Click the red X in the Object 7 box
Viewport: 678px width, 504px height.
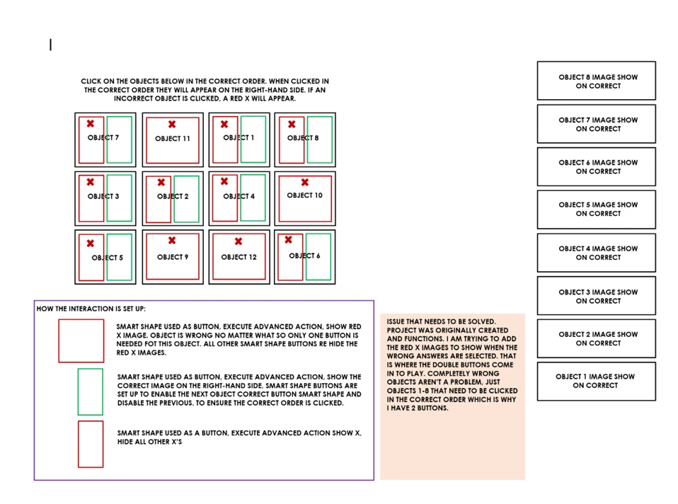click(90, 124)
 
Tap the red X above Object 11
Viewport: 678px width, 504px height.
click(171, 124)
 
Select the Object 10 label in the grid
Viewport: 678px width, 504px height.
click(304, 195)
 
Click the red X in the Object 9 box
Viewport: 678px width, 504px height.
click(171, 241)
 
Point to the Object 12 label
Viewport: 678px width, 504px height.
click(239, 257)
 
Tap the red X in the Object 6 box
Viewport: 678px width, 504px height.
click(288, 240)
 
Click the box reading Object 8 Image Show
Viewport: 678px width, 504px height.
click(597, 81)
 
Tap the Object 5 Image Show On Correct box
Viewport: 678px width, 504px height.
click(597, 210)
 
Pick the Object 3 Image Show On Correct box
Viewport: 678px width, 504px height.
click(597, 296)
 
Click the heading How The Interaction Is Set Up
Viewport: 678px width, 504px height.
click(91, 309)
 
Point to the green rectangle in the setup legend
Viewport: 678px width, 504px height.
click(90, 391)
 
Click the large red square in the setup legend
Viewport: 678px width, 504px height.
click(81, 340)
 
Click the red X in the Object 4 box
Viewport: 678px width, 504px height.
click(224, 182)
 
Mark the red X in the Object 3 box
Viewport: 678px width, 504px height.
click(90, 182)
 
